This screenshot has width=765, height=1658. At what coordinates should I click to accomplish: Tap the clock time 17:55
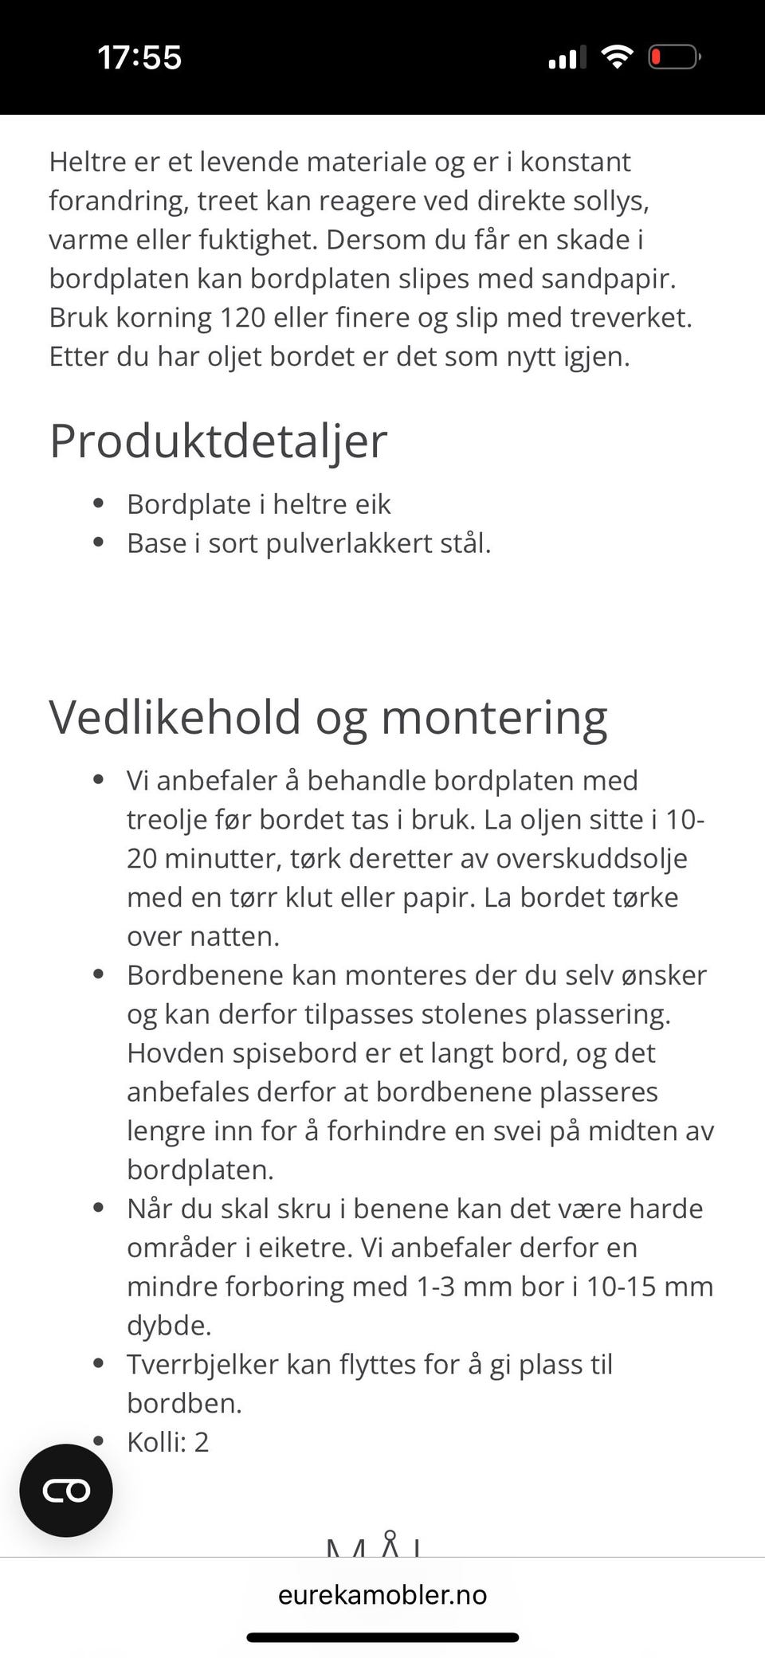(x=139, y=57)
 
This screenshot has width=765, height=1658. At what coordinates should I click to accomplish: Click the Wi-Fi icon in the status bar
(x=617, y=57)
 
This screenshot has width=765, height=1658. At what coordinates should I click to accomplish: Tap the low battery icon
(x=674, y=57)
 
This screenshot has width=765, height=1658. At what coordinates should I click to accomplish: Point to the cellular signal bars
(x=567, y=58)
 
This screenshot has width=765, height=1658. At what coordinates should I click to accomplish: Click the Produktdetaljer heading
(x=218, y=441)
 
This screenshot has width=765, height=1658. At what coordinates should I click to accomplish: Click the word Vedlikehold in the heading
(x=175, y=717)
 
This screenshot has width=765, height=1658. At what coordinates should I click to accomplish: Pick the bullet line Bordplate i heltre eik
(x=258, y=504)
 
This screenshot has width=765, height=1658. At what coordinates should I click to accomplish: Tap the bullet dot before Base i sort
(x=99, y=543)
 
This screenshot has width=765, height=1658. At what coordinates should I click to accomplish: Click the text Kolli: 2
(x=167, y=1442)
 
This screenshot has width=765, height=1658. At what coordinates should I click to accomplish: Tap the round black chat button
(x=66, y=1490)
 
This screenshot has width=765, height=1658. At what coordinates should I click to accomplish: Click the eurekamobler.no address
(x=382, y=1594)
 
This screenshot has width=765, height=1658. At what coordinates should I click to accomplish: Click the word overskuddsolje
(x=591, y=858)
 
